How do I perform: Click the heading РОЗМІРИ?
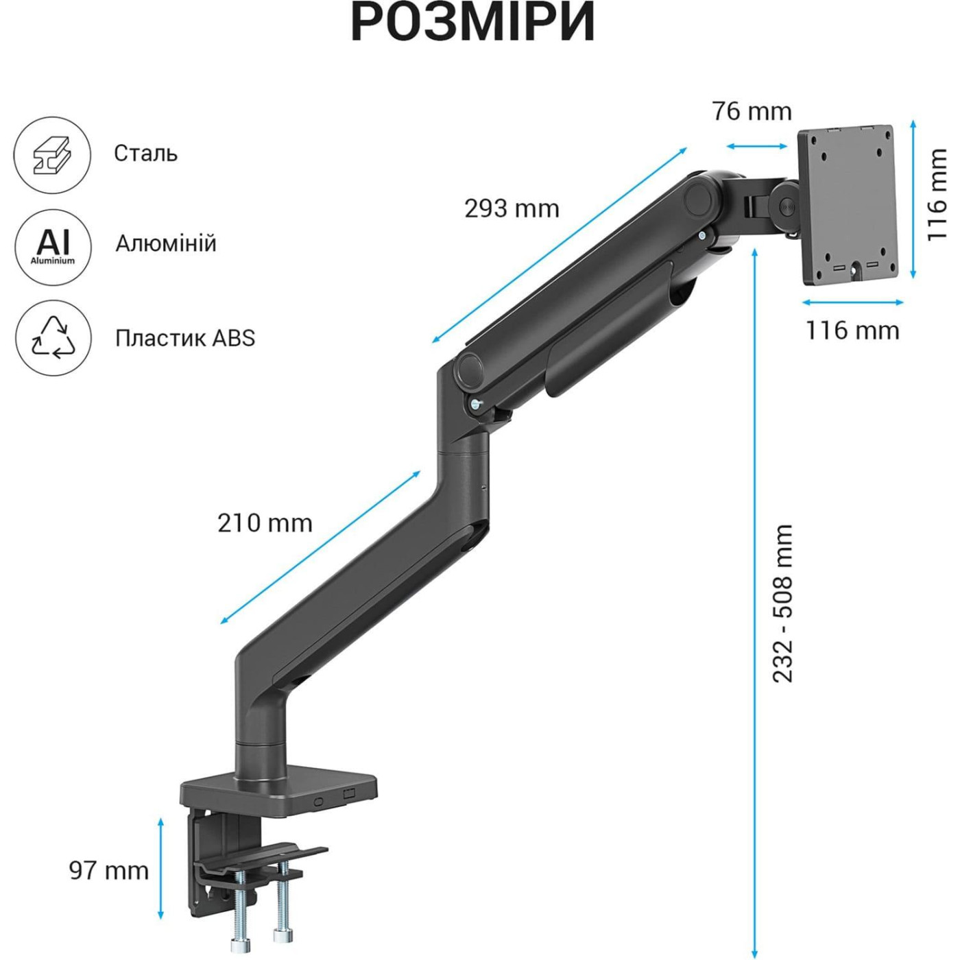tap(472, 23)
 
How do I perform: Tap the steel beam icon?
tap(52, 155)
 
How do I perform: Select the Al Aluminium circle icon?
tap(53, 246)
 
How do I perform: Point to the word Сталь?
tap(145, 153)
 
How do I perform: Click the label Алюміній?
tap(165, 243)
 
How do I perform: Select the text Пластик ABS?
tap(184, 338)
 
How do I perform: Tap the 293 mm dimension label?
tap(512, 208)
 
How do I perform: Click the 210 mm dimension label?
tap(265, 523)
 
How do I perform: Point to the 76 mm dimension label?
tap(752, 111)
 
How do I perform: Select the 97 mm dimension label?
tap(109, 870)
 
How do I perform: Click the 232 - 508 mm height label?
tap(782, 603)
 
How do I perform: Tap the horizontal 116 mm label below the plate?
tap(852, 331)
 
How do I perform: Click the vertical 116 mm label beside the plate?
tap(937, 195)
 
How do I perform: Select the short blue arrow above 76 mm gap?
tap(757, 146)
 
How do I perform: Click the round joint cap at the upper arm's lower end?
tap(470, 370)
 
